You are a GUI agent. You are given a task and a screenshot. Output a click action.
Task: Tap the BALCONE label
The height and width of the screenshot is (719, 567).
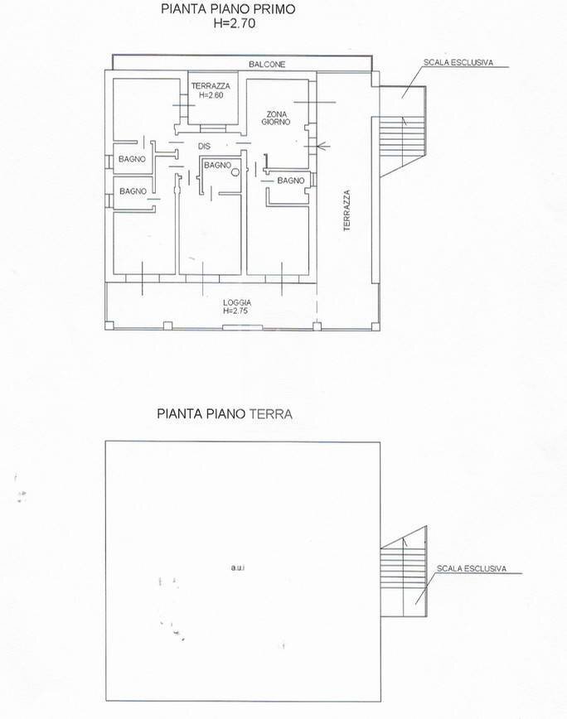[267, 64]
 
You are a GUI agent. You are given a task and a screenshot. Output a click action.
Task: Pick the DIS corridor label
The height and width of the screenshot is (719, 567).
[202, 147]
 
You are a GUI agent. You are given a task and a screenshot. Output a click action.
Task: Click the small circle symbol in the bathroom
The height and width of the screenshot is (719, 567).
[235, 172]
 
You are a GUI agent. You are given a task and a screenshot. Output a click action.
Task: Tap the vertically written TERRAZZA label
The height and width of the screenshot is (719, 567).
[348, 210]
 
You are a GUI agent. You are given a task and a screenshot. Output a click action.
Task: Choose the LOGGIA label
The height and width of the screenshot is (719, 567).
[237, 302]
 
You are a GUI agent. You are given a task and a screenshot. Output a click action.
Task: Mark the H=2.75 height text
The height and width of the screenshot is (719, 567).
[236, 311]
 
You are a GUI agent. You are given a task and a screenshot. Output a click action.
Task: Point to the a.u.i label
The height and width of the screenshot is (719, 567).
[239, 567]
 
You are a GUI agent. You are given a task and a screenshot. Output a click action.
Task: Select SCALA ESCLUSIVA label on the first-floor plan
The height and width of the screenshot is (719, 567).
[458, 62]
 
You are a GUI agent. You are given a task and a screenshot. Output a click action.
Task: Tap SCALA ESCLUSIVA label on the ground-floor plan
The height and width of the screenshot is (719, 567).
[470, 569]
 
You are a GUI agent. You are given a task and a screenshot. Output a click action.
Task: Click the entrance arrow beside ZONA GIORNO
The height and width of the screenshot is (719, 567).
[323, 147]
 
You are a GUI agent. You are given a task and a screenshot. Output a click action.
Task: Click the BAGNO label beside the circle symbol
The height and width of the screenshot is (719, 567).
[217, 165]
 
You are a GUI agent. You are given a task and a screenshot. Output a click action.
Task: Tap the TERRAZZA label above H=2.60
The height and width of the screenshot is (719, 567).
[211, 86]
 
